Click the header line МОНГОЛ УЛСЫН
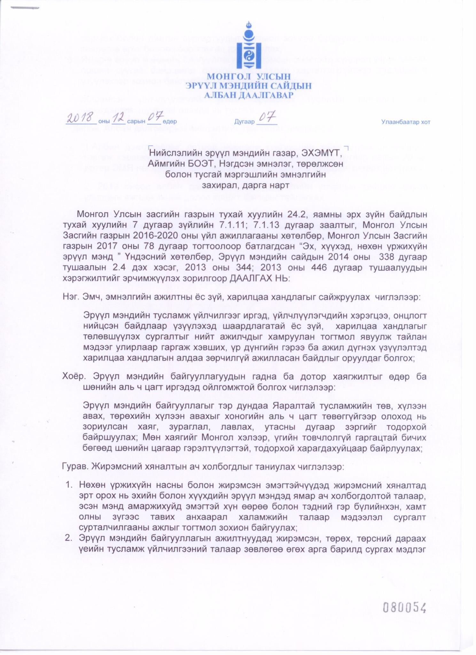(x=249, y=77)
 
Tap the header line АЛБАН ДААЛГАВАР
(x=249, y=95)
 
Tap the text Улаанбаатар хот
(x=406, y=122)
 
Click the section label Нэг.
(x=70, y=297)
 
